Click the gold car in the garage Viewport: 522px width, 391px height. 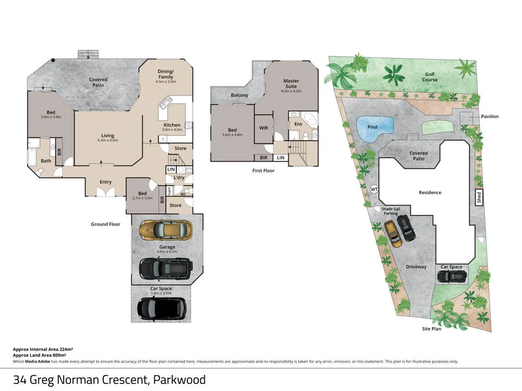166,230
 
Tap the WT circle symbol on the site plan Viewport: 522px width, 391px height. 374,189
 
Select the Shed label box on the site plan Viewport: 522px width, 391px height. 479,197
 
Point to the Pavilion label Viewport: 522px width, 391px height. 490,116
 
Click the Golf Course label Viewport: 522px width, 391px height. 430,77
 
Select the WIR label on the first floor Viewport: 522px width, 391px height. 263,127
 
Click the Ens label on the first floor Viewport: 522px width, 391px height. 299,124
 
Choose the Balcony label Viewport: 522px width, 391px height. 240,95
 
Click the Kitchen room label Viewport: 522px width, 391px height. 172,125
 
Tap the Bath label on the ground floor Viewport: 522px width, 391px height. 46,161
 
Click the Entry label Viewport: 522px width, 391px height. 106,182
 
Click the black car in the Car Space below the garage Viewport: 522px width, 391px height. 162,308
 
